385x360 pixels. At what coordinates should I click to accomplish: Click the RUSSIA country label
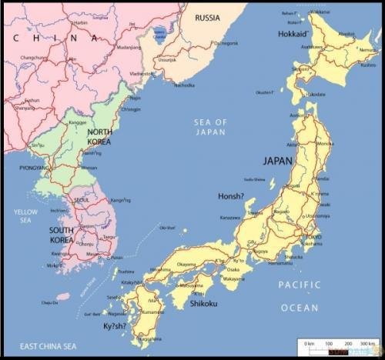(207, 17)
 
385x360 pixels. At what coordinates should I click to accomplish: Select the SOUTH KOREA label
(62, 235)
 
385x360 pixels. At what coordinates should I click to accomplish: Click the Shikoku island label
(204, 304)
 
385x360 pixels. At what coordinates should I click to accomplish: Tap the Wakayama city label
(236, 278)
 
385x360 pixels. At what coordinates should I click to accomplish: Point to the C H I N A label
(55, 37)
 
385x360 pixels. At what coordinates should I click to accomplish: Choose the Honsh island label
(231, 195)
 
